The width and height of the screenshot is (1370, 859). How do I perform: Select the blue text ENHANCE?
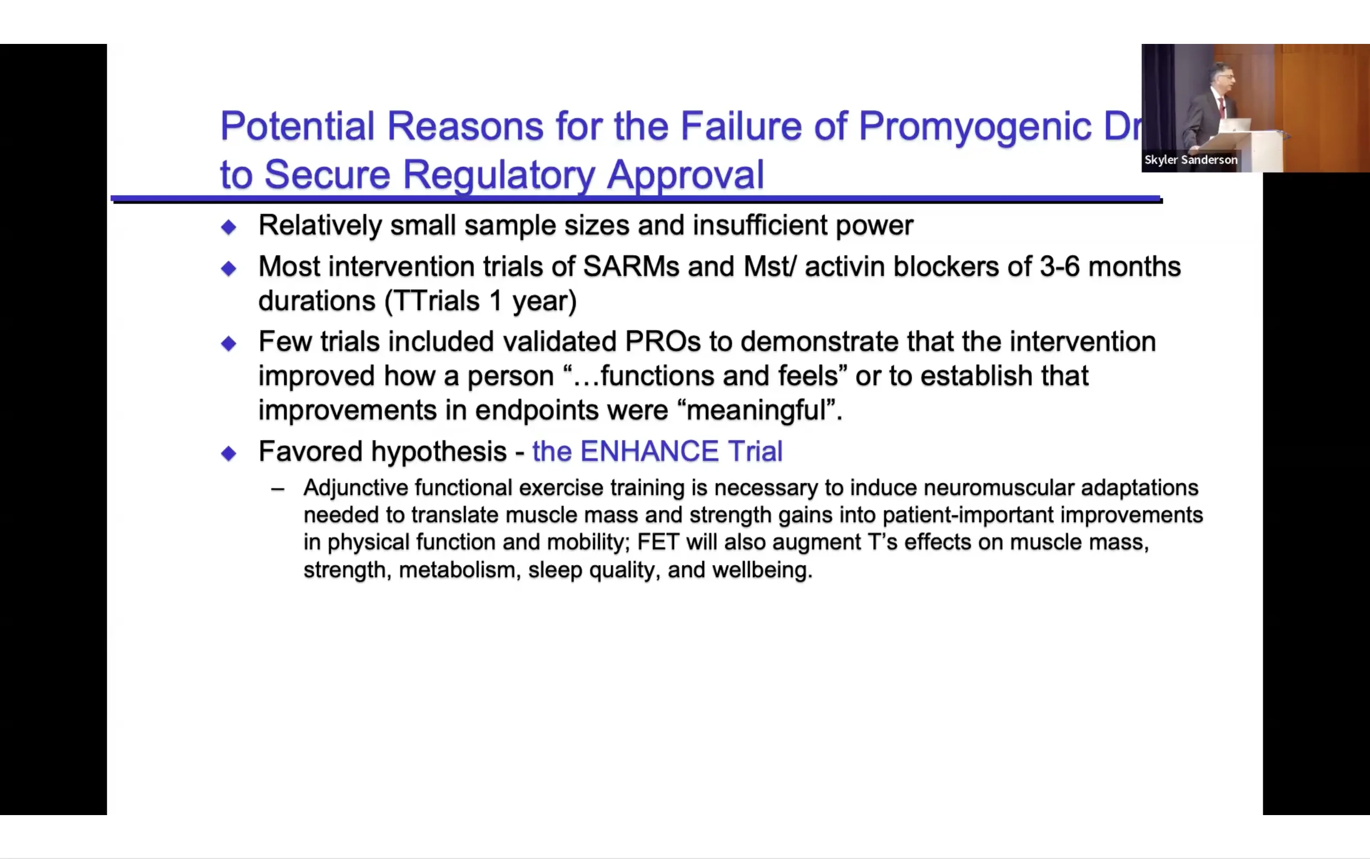coord(650,451)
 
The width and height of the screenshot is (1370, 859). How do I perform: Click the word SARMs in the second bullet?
coord(631,267)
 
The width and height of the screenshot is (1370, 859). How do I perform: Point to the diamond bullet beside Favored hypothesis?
coord(229,454)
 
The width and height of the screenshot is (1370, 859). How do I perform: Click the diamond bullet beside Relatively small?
coord(229,227)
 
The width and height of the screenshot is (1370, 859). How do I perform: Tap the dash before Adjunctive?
coord(278,488)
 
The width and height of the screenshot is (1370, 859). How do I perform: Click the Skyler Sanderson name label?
coord(1191,160)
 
